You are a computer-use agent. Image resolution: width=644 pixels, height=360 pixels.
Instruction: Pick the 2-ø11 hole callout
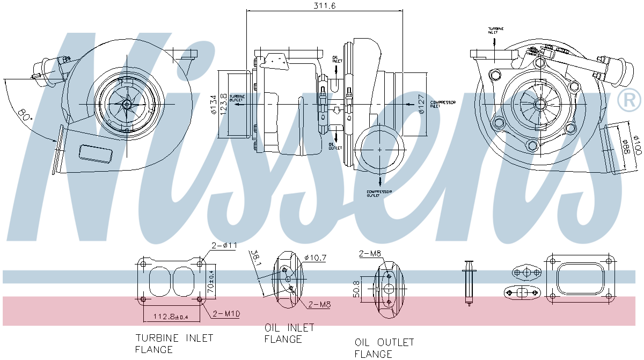pos(224,246)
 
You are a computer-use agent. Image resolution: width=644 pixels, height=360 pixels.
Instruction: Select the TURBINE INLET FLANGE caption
pos(173,343)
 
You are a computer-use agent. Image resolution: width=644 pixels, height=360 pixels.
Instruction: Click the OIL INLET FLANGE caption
pos(289,333)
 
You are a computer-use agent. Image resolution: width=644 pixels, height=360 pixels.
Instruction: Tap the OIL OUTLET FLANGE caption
pos(384,348)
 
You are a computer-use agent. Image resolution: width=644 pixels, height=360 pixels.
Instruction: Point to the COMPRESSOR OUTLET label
pos(379,194)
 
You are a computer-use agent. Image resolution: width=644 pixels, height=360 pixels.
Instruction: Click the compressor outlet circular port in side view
pos(380,149)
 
